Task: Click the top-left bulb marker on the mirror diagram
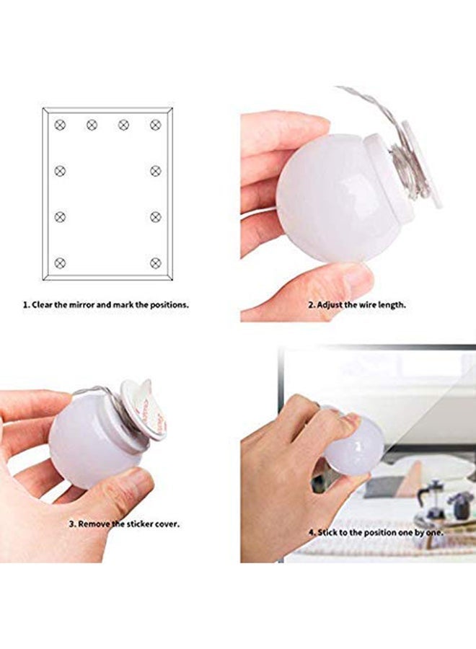coord(60,125)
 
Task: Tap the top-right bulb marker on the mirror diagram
coord(155,125)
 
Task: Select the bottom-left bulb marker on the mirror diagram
coord(60,262)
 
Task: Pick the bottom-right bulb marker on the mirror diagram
coord(155,262)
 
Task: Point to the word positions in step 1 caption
coord(168,305)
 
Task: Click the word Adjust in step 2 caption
coord(332,305)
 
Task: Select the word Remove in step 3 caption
coord(94,524)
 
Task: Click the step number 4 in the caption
coord(311,532)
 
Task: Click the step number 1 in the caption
coord(24,305)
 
